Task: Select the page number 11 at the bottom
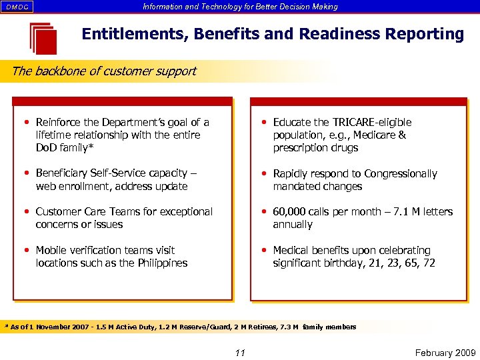click(x=240, y=353)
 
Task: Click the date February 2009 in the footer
click(x=443, y=353)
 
